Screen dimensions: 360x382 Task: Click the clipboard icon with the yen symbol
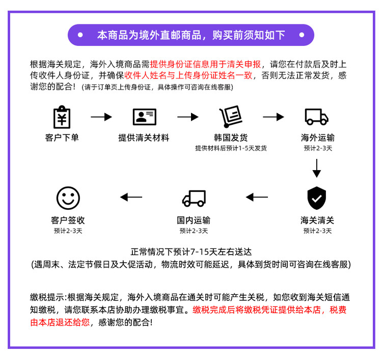click(x=62, y=117)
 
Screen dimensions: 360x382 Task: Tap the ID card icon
click(x=144, y=117)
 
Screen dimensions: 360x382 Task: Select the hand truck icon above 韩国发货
click(x=230, y=117)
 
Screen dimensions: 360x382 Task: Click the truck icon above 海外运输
click(x=317, y=117)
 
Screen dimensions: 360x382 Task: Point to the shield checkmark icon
click(x=317, y=198)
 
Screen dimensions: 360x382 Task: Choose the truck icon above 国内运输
click(x=194, y=198)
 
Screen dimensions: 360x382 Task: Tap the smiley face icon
click(x=68, y=198)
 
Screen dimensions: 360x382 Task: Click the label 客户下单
click(x=62, y=137)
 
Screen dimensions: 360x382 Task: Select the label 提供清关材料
click(x=144, y=137)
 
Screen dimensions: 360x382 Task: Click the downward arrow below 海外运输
click(x=317, y=168)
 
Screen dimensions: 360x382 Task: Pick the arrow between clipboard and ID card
click(x=101, y=117)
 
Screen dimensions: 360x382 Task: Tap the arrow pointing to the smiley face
click(x=131, y=197)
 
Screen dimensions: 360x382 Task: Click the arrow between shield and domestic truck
click(x=257, y=197)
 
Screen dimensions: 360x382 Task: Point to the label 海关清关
click(x=317, y=220)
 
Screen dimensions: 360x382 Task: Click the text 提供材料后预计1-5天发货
click(x=231, y=148)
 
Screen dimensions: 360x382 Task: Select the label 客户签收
click(x=68, y=220)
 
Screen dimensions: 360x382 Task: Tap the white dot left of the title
click(x=80, y=35)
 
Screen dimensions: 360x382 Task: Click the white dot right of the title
click(x=302, y=35)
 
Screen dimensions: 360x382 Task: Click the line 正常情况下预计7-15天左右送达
click(x=191, y=252)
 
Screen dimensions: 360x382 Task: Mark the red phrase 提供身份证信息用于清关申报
click(x=206, y=65)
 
